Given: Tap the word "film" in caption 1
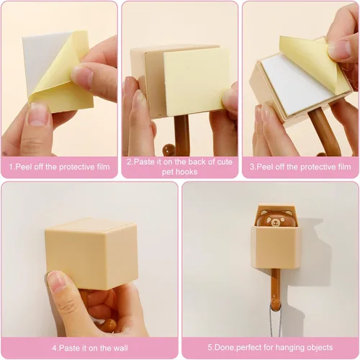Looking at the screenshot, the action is [x=101, y=166].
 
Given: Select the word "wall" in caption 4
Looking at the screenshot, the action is [x=119, y=348].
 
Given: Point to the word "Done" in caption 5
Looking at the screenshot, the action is [x=225, y=348].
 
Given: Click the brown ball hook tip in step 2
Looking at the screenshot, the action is [x=168, y=150].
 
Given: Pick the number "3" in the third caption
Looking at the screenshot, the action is [x=252, y=166].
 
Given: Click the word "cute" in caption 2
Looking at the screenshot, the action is [x=225, y=162].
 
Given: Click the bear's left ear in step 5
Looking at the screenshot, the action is [x=264, y=212].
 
